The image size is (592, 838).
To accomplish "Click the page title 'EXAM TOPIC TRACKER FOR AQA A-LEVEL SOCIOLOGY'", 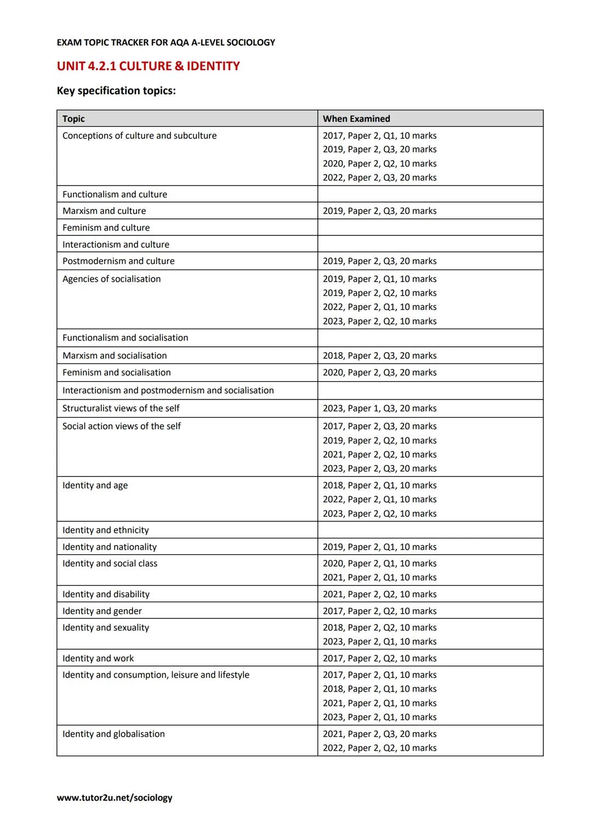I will [x=166, y=42].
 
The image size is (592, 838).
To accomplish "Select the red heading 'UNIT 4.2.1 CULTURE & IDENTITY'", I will [x=148, y=66].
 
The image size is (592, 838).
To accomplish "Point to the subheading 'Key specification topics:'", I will [x=116, y=91].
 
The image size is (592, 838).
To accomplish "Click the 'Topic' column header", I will [x=73, y=119].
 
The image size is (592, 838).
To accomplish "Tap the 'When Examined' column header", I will [x=356, y=119].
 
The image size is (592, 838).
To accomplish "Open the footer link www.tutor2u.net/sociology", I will [x=115, y=797].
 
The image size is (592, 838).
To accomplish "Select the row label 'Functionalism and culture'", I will [x=115, y=194].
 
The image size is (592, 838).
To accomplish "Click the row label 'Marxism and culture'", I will [x=104, y=211].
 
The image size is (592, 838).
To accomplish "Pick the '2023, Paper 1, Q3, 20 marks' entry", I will [x=379, y=408].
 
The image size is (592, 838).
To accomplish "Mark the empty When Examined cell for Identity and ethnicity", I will [x=430, y=530].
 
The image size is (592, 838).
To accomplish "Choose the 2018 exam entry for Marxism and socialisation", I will [x=379, y=356].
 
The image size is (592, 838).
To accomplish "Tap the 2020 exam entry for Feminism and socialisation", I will [x=379, y=372].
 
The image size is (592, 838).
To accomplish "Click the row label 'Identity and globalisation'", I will [x=113, y=734].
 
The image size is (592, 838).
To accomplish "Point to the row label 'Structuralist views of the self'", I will [x=121, y=408].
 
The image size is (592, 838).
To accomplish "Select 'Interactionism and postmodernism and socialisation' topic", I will [x=168, y=390].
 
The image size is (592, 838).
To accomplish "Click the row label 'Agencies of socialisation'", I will [x=111, y=279].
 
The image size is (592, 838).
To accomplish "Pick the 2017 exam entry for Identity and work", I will [x=379, y=658].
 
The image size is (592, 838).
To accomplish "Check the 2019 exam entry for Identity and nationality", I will [x=379, y=547].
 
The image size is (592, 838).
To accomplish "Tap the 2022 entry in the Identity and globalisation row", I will [x=379, y=748].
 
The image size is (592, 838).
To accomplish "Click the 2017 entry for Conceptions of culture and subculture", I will [x=379, y=136].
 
